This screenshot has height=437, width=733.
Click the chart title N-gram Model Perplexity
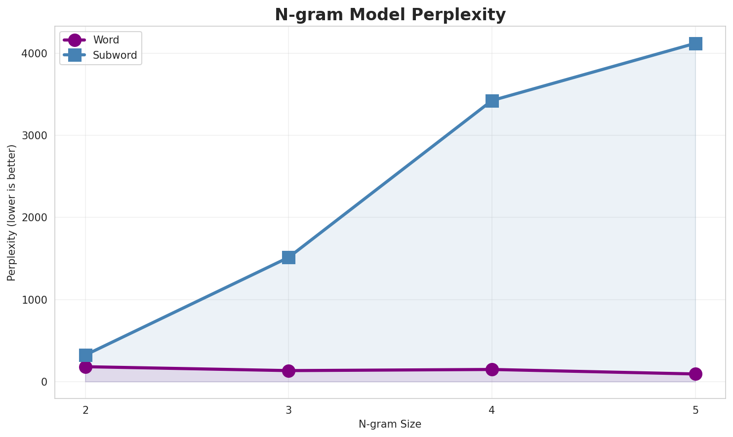coord(390,15)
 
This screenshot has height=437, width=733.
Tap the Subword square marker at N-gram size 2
coord(85,355)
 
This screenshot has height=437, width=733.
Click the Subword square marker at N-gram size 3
coord(288,257)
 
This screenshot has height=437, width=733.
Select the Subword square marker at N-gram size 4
coord(492,101)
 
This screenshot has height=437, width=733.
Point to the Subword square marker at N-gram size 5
coord(695,43)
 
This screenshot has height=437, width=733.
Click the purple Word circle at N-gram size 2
coord(85,367)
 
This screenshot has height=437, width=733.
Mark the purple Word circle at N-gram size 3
coord(288,371)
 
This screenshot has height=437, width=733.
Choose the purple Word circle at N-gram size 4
coord(492,369)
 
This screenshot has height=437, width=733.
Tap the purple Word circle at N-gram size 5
coord(695,374)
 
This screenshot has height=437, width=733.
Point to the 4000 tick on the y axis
coord(38,53)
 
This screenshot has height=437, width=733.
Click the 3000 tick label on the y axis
coord(38,135)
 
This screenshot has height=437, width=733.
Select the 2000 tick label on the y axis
coord(38,217)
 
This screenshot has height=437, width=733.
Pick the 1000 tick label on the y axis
coord(38,300)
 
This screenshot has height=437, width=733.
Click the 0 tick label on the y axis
coord(44,382)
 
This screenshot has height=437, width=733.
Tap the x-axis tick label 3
coord(288,410)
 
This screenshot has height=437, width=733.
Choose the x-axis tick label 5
coord(695,410)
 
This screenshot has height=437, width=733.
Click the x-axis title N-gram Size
coord(390,424)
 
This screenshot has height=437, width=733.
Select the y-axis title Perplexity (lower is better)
coord(12,212)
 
